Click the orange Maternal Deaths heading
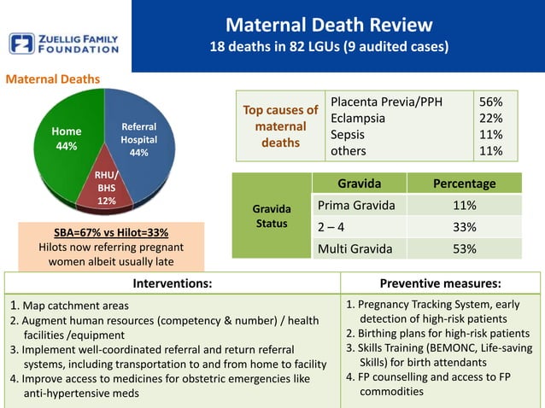[x=53, y=79]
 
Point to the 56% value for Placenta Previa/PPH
[x=490, y=102]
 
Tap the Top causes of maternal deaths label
[x=280, y=125]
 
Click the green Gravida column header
[x=359, y=184]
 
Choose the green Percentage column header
[x=464, y=184]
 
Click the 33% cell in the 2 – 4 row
[x=464, y=228]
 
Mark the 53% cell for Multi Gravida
[x=464, y=249]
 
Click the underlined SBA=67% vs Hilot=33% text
[x=105, y=232]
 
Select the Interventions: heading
[x=172, y=283]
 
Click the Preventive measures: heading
[x=440, y=283]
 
